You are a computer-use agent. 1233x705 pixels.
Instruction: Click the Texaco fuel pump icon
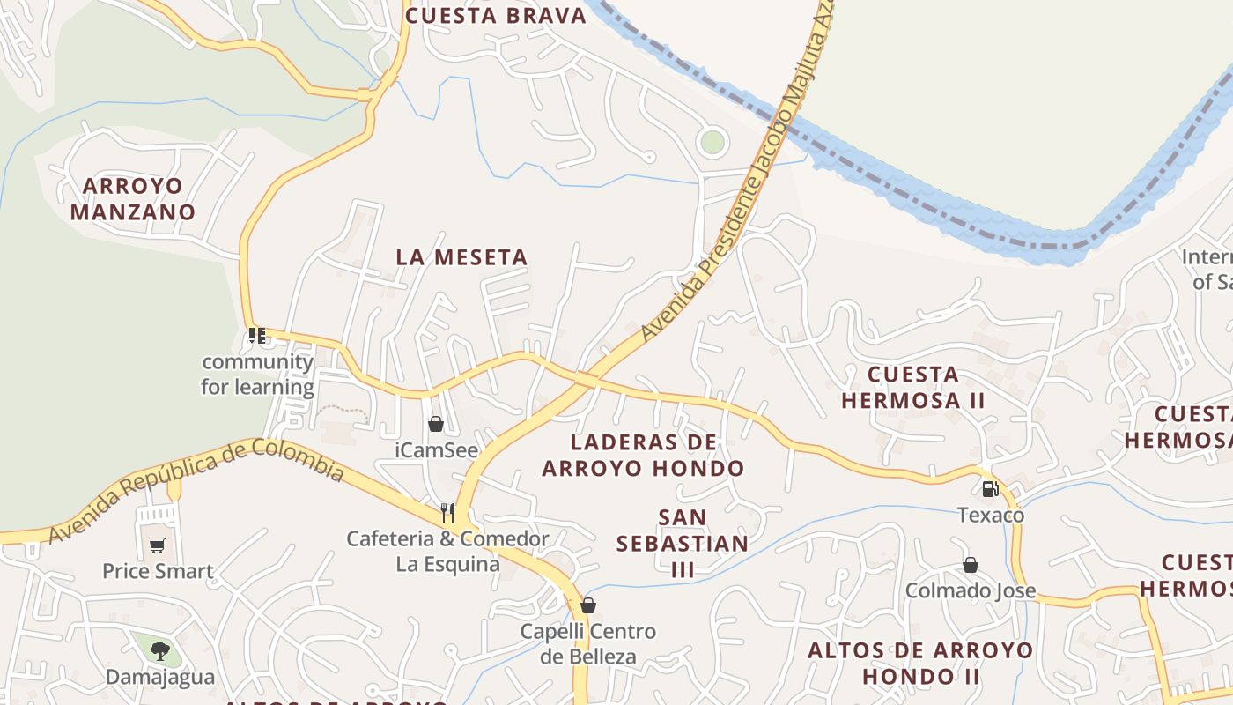(990, 488)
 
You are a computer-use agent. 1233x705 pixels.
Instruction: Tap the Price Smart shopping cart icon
(157, 546)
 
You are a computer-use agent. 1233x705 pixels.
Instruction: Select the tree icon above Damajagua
(159, 651)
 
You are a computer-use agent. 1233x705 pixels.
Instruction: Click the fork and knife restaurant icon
(447, 512)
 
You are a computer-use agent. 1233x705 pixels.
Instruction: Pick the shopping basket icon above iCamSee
(435, 424)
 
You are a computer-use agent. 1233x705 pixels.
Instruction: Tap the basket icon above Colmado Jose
(970, 565)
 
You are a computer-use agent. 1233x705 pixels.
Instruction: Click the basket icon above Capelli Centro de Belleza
(587, 605)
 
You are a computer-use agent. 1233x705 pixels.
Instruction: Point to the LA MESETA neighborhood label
(461, 257)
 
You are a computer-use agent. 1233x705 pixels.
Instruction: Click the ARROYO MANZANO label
(133, 199)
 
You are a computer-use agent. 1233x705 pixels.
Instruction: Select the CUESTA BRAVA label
(496, 16)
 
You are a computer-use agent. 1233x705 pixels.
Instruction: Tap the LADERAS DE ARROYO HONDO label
(643, 455)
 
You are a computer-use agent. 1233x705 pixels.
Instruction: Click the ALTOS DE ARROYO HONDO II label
(920, 664)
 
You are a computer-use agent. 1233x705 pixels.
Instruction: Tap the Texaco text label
(991, 515)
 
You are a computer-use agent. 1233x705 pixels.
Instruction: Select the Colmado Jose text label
(971, 590)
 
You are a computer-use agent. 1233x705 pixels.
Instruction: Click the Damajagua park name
(160, 677)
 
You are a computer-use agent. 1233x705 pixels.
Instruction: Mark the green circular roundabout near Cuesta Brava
(712, 141)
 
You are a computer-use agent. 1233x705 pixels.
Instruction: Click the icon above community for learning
(257, 336)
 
